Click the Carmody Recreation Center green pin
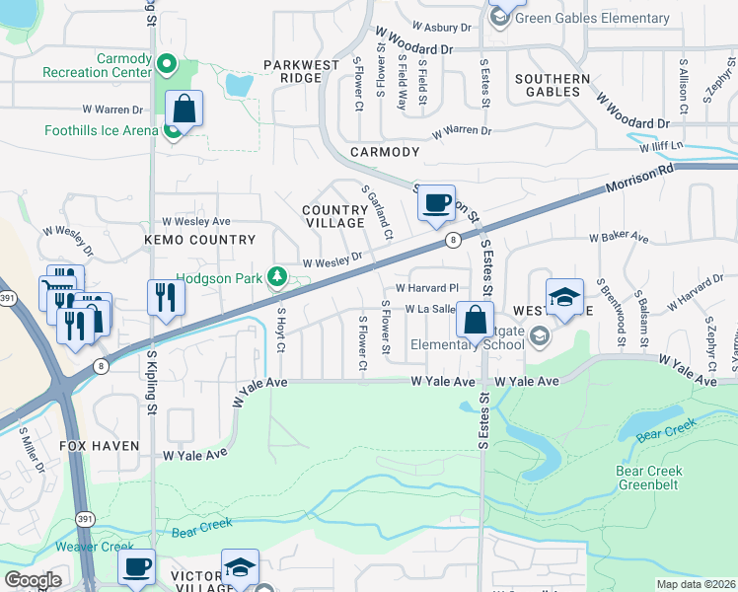click(167, 67)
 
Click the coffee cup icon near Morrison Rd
click(435, 203)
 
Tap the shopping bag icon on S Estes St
click(475, 320)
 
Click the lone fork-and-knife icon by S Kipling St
click(165, 296)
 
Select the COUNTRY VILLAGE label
click(334, 216)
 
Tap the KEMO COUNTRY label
click(199, 240)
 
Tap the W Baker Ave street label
click(619, 238)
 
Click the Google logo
click(32, 580)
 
